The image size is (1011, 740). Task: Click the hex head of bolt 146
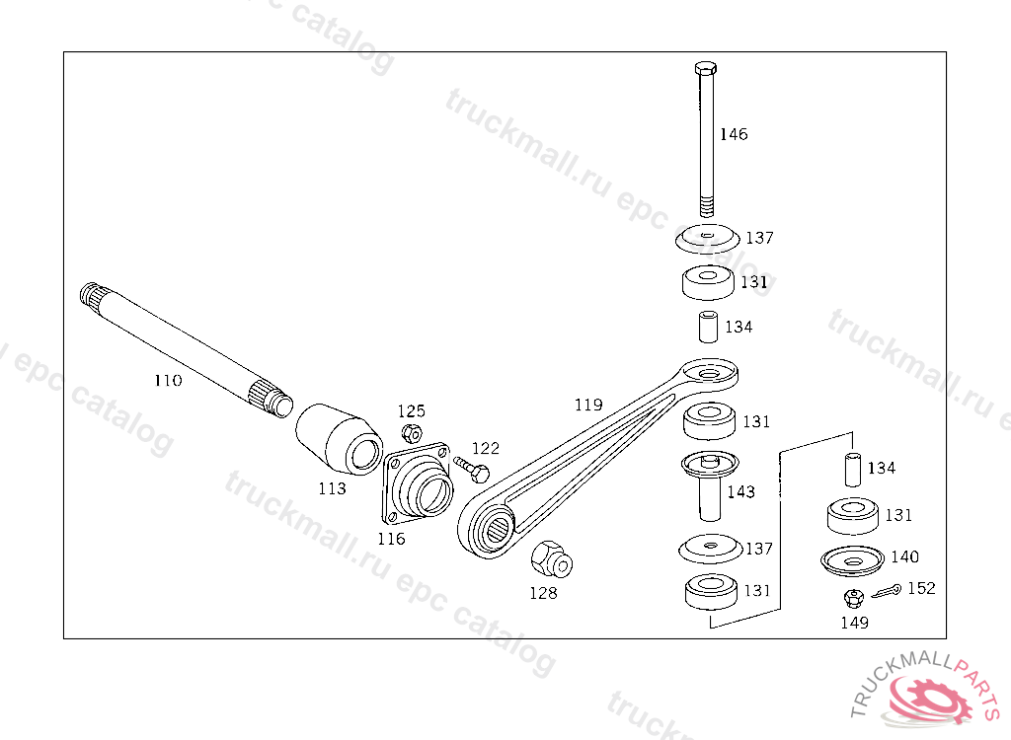tap(706, 68)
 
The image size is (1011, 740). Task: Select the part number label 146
tap(734, 134)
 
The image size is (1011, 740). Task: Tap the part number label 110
tap(168, 380)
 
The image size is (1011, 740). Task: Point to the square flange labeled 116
tap(417, 484)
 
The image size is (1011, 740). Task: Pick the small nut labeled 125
tap(412, 433)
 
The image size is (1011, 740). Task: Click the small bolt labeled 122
tap(472, 470)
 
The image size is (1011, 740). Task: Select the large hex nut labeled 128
tap(552, 559)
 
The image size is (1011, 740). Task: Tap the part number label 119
tap(588, 405)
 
